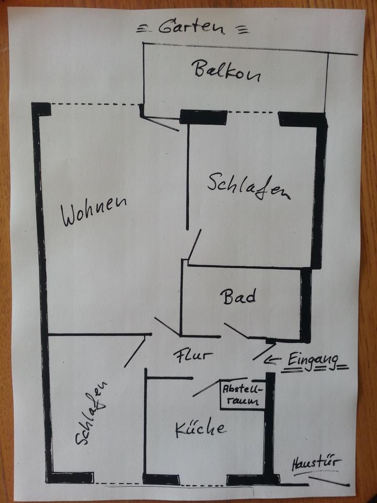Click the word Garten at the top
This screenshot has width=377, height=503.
tap(187, 26)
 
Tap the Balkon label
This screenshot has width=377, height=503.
tap(226, 71)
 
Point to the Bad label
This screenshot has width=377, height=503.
tap(238, 297)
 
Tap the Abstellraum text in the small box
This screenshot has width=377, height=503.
tap(241, 396)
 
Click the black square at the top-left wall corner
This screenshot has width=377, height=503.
tap(41, 109)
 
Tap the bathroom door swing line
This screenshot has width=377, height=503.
tap(236, 330)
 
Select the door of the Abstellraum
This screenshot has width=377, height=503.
tap(205, 388)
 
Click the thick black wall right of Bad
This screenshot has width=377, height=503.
tap(305, 304)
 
